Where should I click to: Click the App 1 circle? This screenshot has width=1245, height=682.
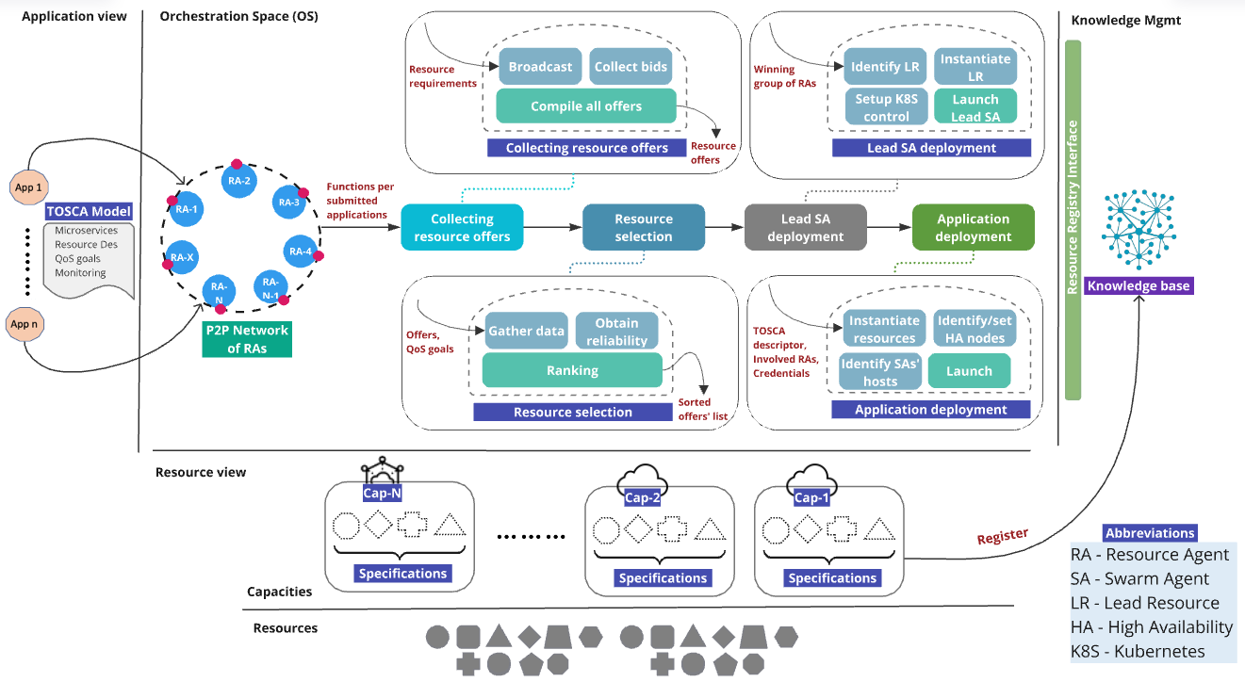click(x=28, y=187)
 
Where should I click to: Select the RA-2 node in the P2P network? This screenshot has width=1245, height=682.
click(x=238, y=181)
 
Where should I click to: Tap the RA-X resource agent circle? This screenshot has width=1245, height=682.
click(x=183, y=256)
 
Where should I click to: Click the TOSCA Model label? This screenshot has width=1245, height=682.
click(x=89, y=211)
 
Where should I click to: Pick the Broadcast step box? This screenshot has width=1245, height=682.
click(x=540, y=67)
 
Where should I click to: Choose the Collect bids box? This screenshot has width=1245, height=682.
click(x=631, y=67)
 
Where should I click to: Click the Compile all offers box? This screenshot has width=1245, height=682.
click(x=585, y=106)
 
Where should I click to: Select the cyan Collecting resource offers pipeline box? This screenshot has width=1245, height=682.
click(x=462, y=227)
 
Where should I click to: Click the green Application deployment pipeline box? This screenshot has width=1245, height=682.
click(x=973, y=227)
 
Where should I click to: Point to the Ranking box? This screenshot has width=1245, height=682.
click(x=572, y=370)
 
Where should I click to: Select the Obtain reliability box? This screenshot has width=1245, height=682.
click(x=616, y=331)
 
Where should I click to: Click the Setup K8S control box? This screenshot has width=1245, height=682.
click(x=886, y=107)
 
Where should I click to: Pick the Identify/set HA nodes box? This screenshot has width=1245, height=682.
click(x=975, y=329)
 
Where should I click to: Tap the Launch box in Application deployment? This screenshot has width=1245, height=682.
click(x=969, y=371)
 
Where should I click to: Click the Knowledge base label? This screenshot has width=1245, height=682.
click(x=1139, y=285)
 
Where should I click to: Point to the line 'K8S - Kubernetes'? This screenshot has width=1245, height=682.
click(x=1139, y=651)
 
